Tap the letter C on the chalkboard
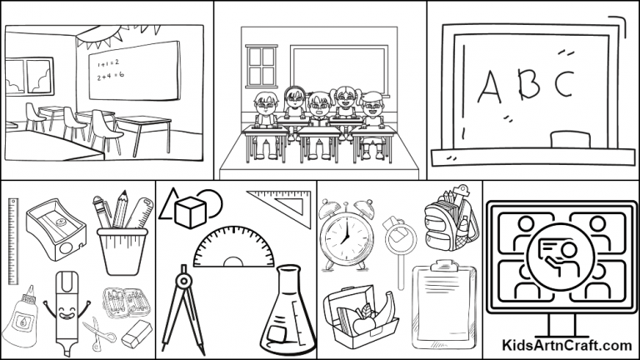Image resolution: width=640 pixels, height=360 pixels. click(x=564, y=84)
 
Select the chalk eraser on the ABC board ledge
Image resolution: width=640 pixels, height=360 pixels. click(x=569, y=137)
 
